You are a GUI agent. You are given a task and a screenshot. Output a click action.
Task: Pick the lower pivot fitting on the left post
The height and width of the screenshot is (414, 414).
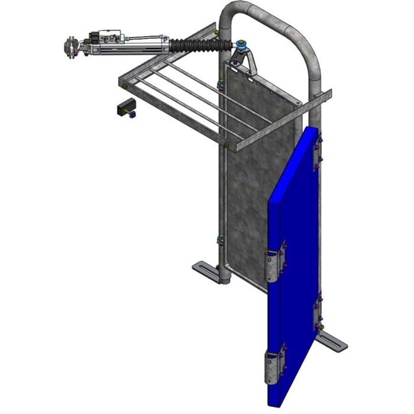[x=220, y=240]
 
